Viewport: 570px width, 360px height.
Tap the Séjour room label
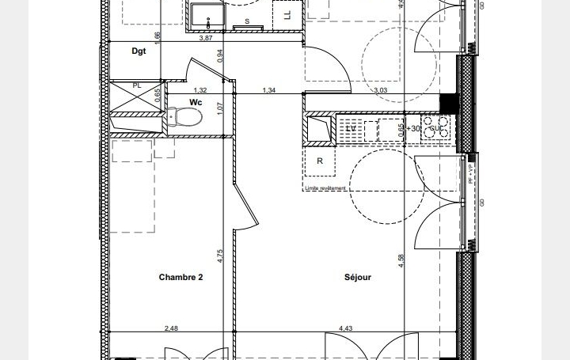(x=358, y=277)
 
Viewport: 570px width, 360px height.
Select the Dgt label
(x=139, y=51)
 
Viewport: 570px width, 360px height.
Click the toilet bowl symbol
(x=188, y=118)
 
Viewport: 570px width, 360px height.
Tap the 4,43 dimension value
(x=347, y=328)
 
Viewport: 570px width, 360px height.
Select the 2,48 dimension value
(x=171, y=328)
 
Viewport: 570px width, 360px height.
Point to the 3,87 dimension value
(x=206, y=37)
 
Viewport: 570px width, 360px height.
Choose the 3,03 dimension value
(x=381, y=91)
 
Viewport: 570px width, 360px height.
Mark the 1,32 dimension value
(x=200, y=91)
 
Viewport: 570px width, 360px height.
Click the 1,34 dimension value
(x=269, y=91)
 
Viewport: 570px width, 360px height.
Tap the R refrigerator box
(x=320, y=162)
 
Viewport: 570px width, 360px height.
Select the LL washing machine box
(x=287, y=14)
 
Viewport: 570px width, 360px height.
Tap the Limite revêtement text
(x=325, y=188)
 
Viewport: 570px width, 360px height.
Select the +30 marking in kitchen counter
(x=413, y=128)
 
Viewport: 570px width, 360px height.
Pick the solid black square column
(x=449, y=104)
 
